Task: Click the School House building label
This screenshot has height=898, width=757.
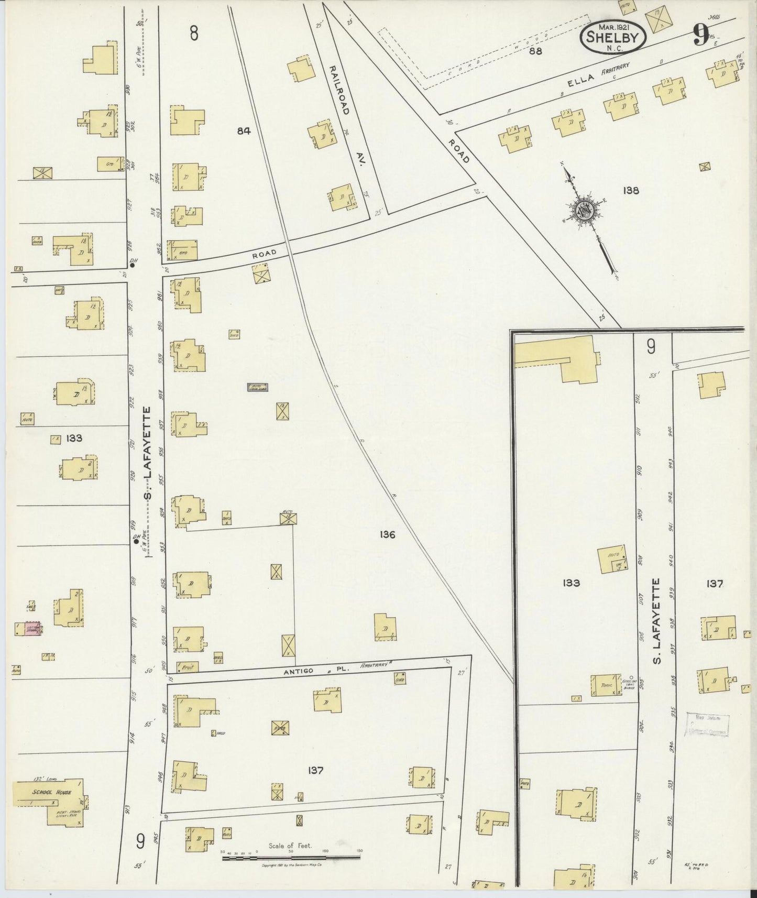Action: point(51,792)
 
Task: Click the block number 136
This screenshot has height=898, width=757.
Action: point(388,535)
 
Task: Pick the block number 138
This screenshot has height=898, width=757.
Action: point(631,191)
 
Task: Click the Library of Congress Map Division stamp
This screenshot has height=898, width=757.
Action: point(707,725)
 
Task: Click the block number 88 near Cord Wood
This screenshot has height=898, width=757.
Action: point(535,51)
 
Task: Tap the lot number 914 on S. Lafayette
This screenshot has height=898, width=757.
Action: point(133,738)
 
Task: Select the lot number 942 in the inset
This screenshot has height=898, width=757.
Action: point(670,497)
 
